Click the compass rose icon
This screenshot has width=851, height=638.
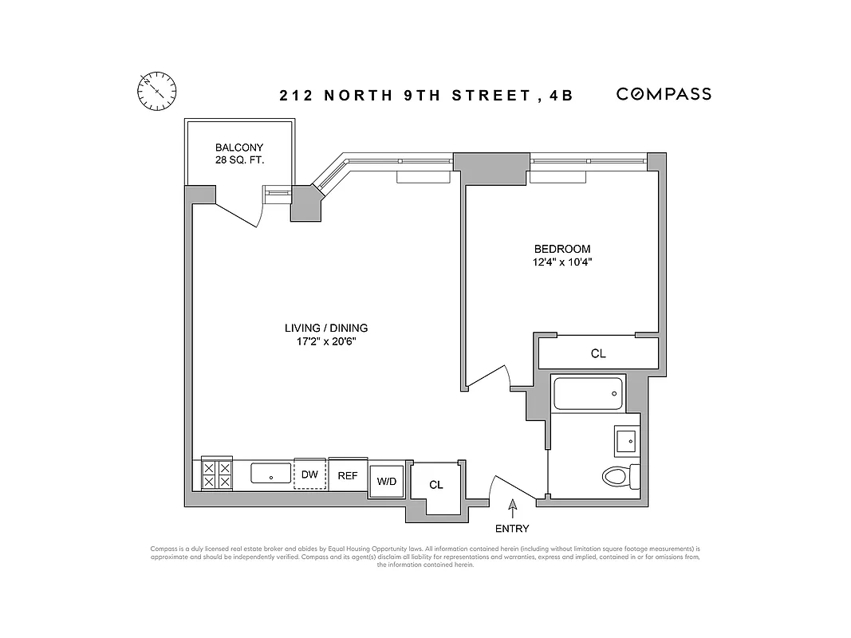click(157, 89)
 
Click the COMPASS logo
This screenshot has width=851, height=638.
click(664, 94)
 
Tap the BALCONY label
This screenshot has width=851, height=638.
click(239, 148)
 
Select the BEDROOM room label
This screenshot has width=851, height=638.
click(563, 249)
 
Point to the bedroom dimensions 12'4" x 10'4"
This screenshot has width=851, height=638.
click(563, 262)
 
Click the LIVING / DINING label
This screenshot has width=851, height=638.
click(326, 328)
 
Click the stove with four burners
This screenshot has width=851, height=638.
click(217, 475)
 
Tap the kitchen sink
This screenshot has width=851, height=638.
click(271, 473)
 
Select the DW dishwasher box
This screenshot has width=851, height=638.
click(309, 474)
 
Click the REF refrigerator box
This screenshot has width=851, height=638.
click(348, 475)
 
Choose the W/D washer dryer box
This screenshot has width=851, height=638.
click(387, 482)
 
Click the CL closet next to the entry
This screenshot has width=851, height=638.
click(436, 485)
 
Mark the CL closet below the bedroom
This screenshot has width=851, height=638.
click(598, 354)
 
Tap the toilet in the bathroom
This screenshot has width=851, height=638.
click(619, 477)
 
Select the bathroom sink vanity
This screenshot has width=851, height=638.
click(626, 439)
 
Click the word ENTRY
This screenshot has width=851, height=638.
click(512, 528)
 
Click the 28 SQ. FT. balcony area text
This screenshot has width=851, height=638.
click(239, 161)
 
